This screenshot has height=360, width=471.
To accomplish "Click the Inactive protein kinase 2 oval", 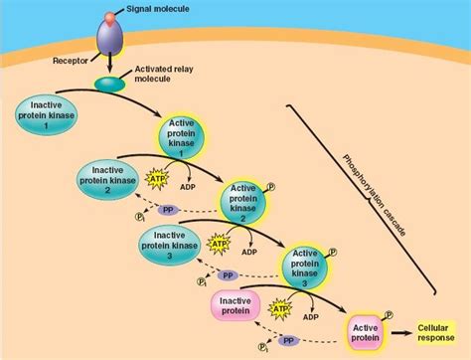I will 105,180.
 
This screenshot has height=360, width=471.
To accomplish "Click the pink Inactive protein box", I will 235,304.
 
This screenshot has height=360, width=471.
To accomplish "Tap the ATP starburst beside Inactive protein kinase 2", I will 157,179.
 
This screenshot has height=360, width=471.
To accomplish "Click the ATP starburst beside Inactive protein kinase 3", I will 218,243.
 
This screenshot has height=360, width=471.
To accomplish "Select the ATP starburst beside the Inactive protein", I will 282,309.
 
